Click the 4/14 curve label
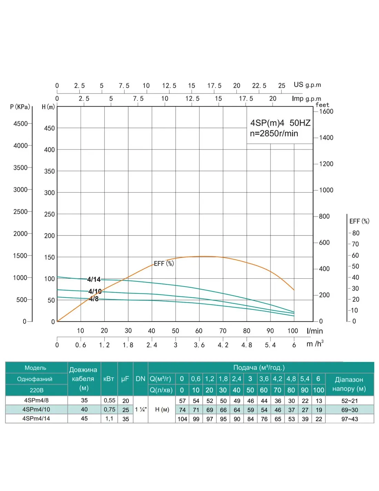coord(94,279)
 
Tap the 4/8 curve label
coord(94,299)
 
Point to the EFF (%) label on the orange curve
coord(164,263)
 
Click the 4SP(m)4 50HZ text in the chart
coord(280,123)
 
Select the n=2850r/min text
coord(274,134)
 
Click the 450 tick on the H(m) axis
coord(49,128)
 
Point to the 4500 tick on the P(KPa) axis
coord(20,124)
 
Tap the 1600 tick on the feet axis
coord(326,112)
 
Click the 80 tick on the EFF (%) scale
coord(356,233)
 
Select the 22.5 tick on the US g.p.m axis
coord(259,86)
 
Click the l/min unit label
coord(315,331)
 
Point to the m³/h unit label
coord(315,344)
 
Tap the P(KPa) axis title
coord(20,107)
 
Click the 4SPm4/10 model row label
coord(36,410)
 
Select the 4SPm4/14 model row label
coord(36,418)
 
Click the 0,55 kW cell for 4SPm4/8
coord(110,401)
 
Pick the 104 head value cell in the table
coord(182,419)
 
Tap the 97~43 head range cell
coord(349,419)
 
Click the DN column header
coord(140,379)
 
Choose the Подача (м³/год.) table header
coord(259,367)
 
